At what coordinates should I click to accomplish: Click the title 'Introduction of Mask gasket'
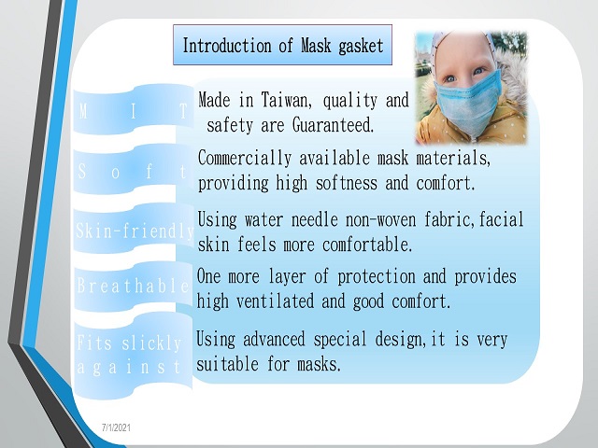coord(282,46)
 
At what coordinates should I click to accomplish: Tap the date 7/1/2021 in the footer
coord(116,427)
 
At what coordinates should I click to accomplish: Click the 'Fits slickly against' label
coord(131,356)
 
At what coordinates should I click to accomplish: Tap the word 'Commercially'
coord(245,158)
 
